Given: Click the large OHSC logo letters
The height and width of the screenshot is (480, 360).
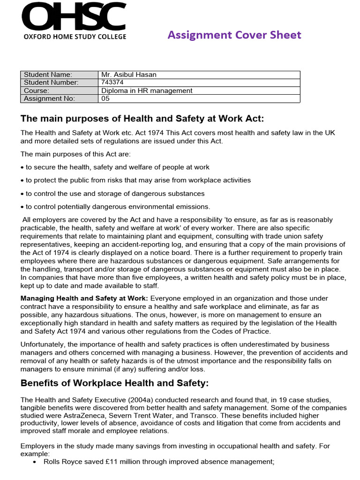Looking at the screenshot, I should (73, 17).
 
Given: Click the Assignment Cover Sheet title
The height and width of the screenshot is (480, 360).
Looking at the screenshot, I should (234, 35).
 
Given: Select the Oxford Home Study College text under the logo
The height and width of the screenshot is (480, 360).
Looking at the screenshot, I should (74, 37).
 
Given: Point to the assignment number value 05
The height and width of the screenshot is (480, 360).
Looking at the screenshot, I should (106, 98).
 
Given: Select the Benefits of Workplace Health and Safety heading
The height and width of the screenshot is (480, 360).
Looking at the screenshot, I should (114, 383).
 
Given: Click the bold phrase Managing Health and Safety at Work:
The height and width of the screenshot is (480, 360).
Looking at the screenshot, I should (84, 298).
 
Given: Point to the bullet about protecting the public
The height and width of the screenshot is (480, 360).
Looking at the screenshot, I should (136, 180).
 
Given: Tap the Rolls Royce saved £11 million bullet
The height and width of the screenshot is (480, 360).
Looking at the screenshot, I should (158, 462).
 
